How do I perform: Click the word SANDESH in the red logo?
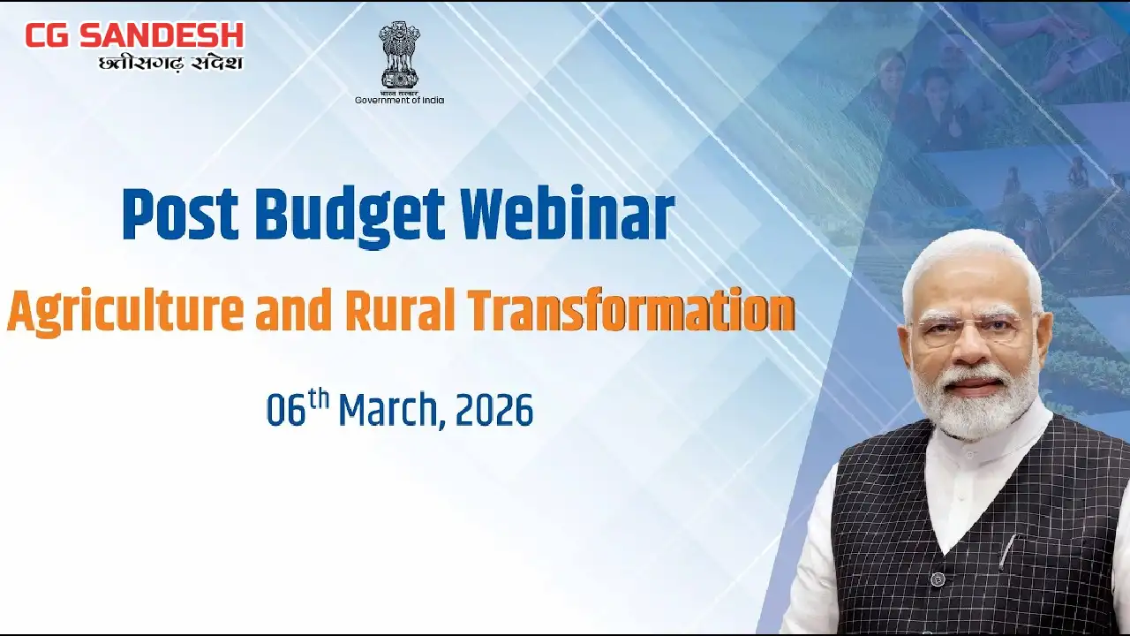[162, 35]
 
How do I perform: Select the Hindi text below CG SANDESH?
[170, 64]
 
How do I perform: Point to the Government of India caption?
[400, 100]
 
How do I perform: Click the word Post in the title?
[180, 214]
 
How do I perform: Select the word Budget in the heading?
[350, 216]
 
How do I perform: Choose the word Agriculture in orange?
[125, 311]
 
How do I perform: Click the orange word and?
[294, 311]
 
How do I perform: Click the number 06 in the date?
[286, 409]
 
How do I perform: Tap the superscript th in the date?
[319, 399]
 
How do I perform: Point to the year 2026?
[494, 410]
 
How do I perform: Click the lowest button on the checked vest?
[938, 579]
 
